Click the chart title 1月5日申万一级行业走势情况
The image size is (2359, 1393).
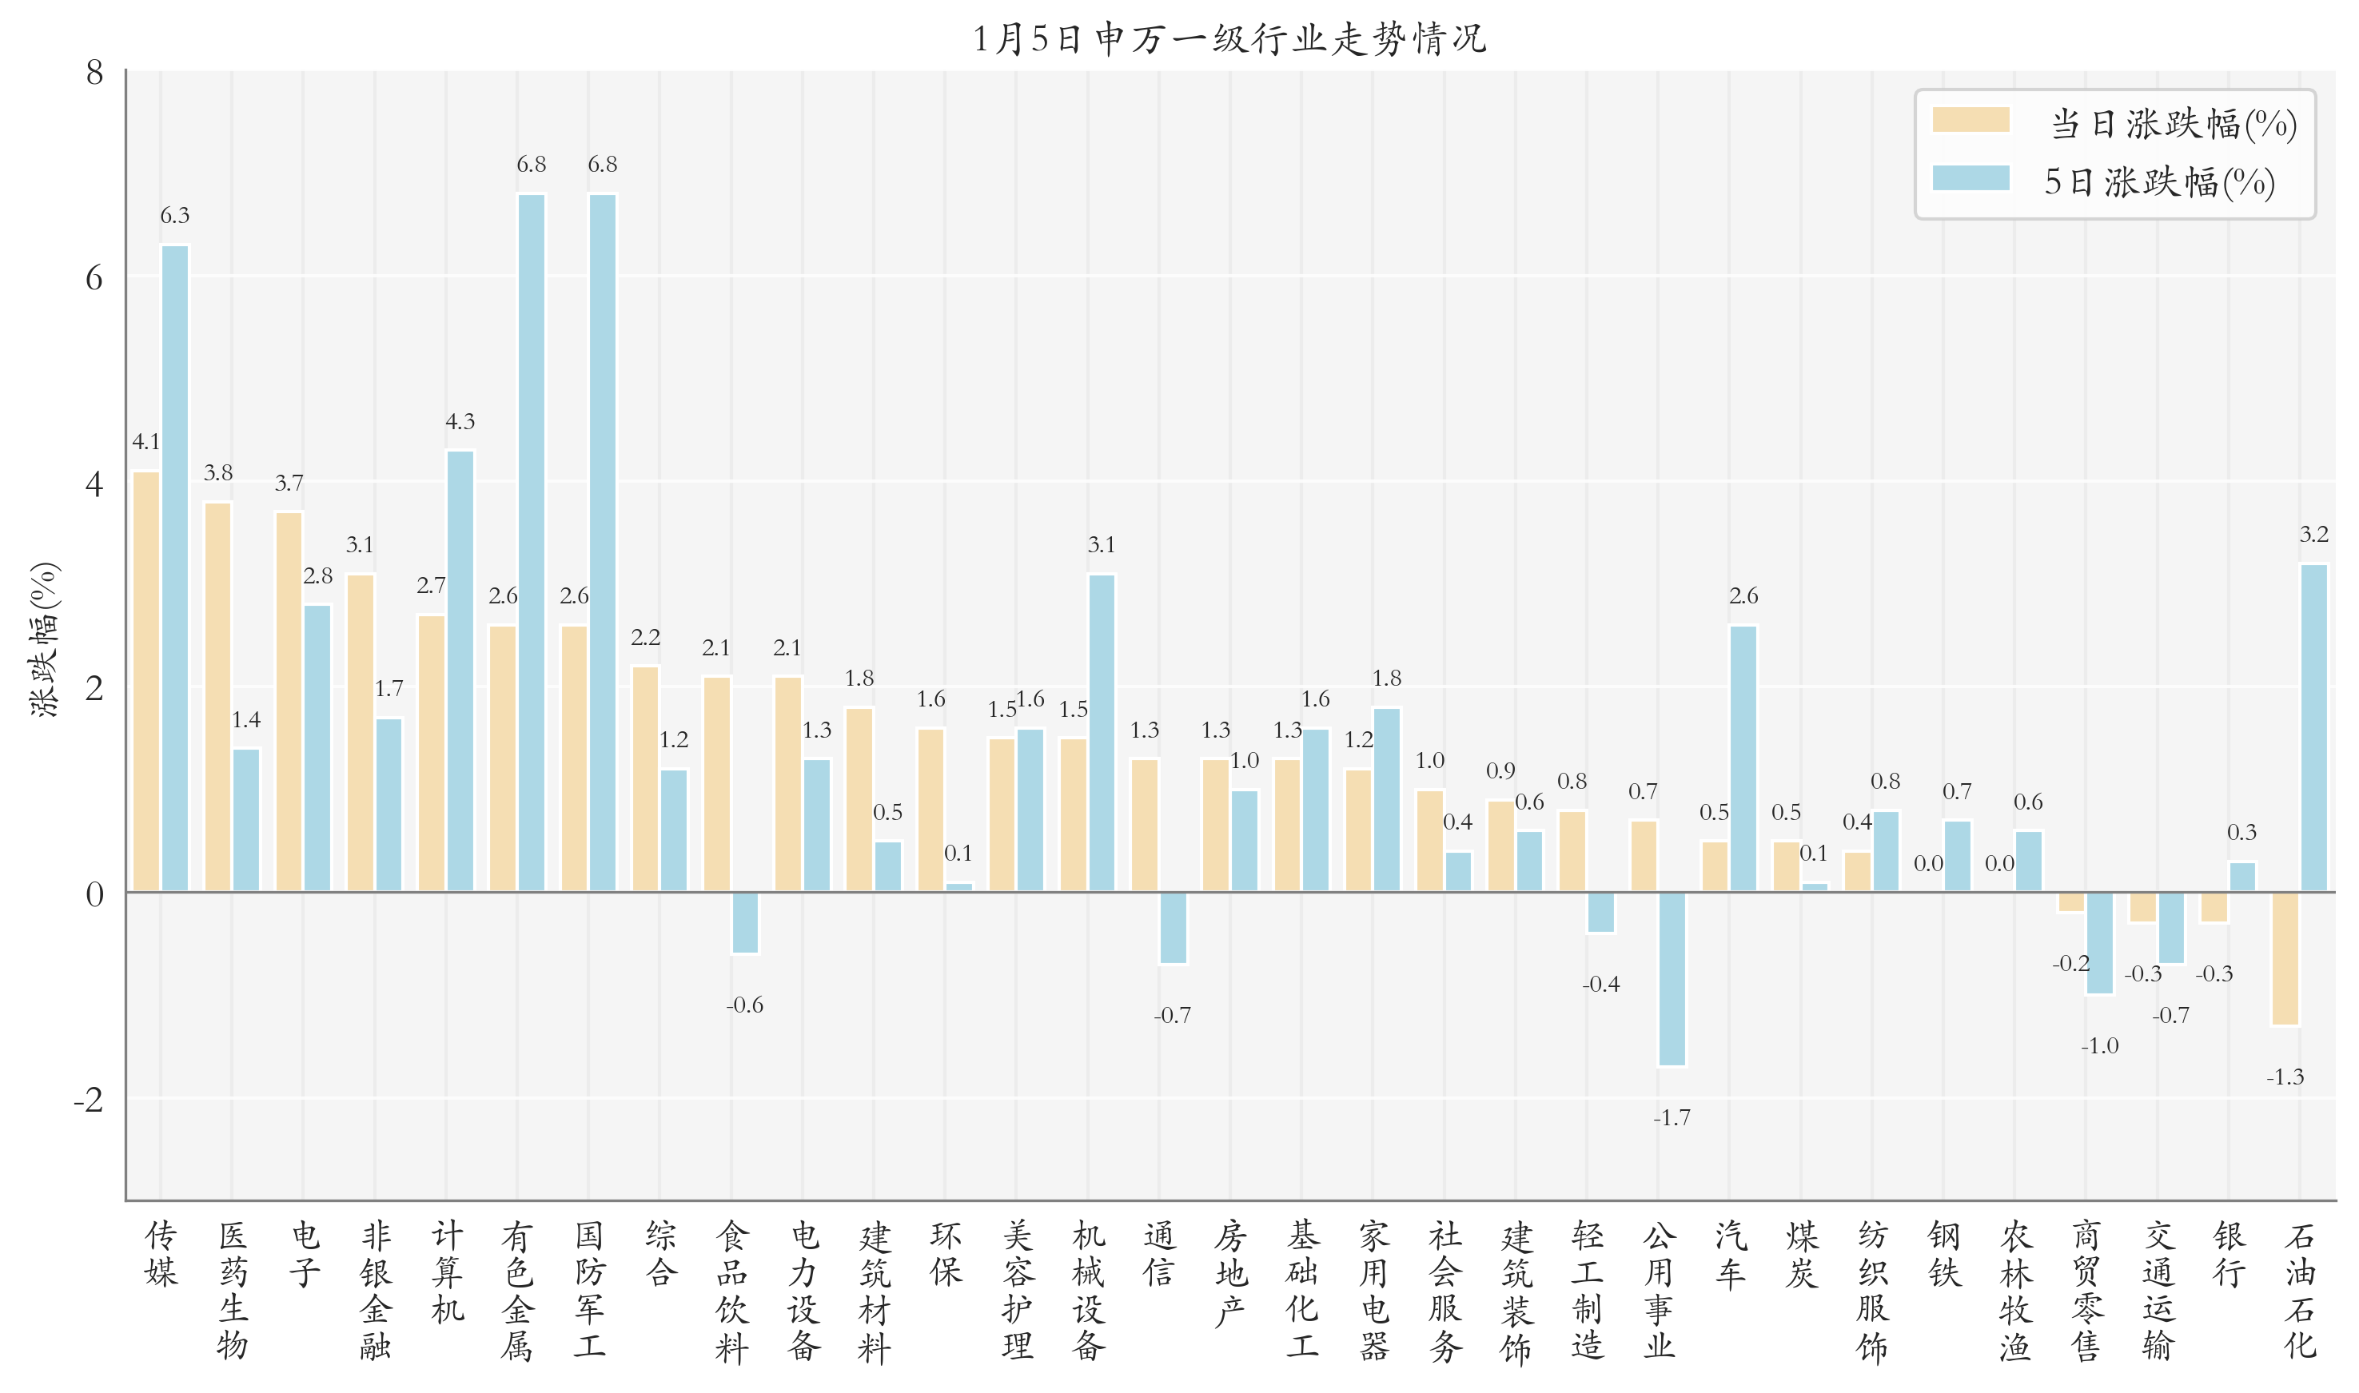tap(1228, 39)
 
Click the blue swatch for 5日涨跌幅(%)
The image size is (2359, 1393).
tap(1970, 178)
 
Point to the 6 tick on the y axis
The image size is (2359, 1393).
tap(94, 278)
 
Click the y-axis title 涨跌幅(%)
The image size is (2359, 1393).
tap(44, 640)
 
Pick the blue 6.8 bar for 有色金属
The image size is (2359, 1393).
tap(532, 543)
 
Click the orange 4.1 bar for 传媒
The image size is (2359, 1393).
tap(146, 681)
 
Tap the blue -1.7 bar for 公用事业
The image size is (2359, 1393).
tap(1672, 979)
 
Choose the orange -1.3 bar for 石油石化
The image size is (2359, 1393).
tap(2285, 958)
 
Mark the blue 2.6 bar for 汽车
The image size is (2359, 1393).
tap(1743, 758)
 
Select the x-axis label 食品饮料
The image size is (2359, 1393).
tap(732, 1290)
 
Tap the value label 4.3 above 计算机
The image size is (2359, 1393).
tap(460, 421)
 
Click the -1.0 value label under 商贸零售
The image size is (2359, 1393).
tap(2100, 1045)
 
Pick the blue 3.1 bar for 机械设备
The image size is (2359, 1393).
tap(1101, 732)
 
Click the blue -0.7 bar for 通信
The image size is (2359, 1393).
tap(1173, 927)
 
